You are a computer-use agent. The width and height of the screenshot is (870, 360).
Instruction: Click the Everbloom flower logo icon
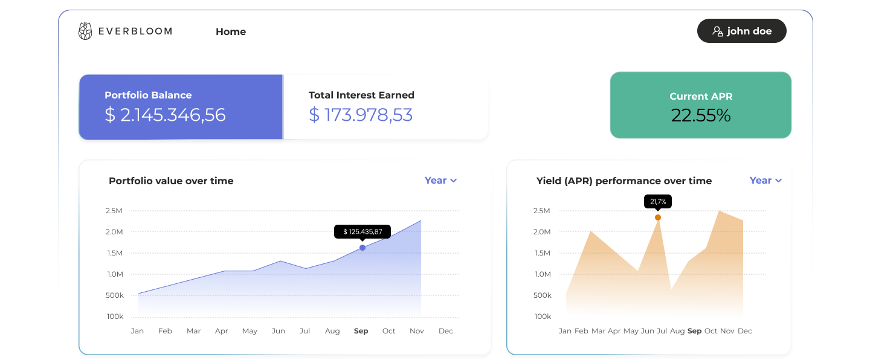(85, 31)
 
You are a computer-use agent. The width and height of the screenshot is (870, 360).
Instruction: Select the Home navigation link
(231, 31)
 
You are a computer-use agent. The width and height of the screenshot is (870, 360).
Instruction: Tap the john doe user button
(741, 31)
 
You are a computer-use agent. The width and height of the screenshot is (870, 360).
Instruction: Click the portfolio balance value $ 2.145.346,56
(165, 115)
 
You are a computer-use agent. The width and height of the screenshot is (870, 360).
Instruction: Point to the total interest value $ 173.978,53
(361, 115)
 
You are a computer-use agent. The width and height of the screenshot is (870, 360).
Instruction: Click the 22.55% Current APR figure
(701, 115)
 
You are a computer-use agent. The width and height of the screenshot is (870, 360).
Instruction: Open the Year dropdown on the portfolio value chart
(440, 180)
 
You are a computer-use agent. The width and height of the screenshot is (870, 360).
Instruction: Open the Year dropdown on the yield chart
(765, 180)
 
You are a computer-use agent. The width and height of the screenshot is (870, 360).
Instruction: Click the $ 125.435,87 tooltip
(362, 232)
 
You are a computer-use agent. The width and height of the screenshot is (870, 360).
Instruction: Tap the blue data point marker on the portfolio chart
(362, 248)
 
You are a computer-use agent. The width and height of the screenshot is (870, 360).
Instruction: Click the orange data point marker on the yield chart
(658, 217)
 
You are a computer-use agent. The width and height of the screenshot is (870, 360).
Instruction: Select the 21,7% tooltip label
(658, 202)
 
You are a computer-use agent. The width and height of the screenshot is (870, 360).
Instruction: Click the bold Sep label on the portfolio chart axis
(361, 331)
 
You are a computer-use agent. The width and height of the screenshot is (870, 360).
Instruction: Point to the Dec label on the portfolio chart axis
(445, 331)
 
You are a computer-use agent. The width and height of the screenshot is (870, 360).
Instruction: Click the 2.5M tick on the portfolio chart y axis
(114, 211)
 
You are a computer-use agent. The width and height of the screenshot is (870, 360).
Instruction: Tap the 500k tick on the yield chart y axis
(542, 295)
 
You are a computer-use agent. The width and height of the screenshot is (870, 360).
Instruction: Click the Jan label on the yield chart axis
(565, 331)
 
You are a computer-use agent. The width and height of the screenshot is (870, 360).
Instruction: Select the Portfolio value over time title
(171, 181)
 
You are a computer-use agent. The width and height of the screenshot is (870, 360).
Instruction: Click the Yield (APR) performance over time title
(623, 181)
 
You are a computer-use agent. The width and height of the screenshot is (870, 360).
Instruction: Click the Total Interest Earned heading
(361, 95)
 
